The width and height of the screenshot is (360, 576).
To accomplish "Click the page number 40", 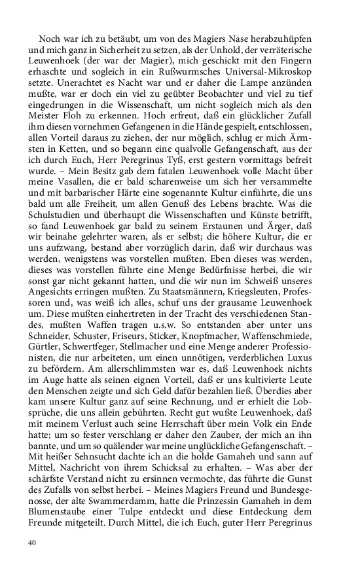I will click(32, 543).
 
